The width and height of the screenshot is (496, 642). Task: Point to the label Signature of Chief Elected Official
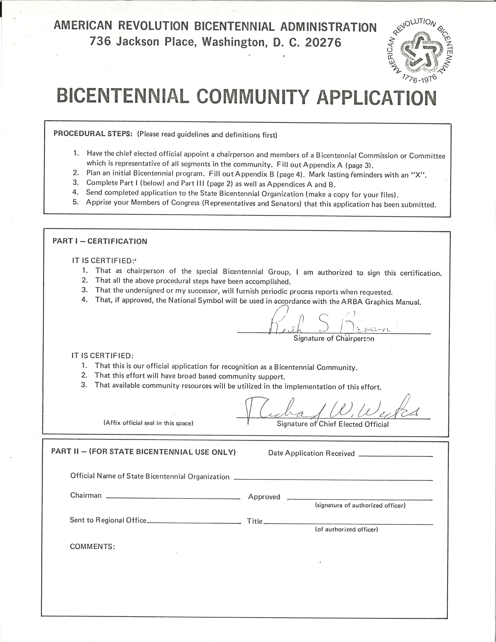333,424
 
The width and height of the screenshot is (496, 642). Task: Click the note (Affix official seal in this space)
148,423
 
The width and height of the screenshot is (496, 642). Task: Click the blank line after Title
348,524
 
